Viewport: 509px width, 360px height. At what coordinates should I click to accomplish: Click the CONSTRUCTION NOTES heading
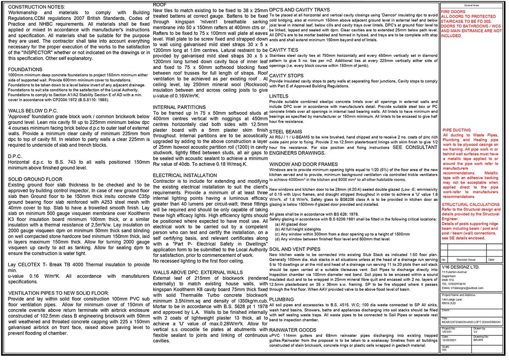point(37,8)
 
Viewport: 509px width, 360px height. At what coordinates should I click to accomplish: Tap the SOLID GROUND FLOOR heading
point(35,179)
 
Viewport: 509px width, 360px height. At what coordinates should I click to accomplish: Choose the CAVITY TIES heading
point(284,50)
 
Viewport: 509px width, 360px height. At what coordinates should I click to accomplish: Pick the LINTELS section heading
point(279,96)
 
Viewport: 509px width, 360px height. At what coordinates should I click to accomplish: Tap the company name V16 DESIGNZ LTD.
point(460,267)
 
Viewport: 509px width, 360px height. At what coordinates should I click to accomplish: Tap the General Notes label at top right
point(472,5)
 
